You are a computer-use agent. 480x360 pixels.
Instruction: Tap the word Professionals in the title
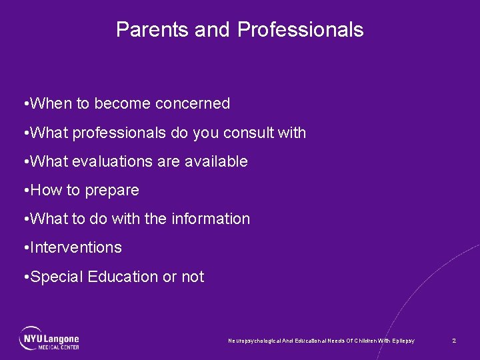(x=300, y=30)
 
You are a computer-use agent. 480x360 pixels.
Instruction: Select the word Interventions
(x=76, y=248)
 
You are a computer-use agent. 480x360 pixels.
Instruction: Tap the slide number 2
(x=454, y=341)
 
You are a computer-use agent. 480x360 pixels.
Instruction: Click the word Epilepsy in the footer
(x=402, y=341)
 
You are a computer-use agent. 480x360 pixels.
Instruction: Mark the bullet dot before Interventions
(x=25, y=248)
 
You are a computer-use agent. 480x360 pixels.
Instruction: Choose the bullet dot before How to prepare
(x=25, y=191)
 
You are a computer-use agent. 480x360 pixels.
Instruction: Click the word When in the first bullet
(x=51, y=104)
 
